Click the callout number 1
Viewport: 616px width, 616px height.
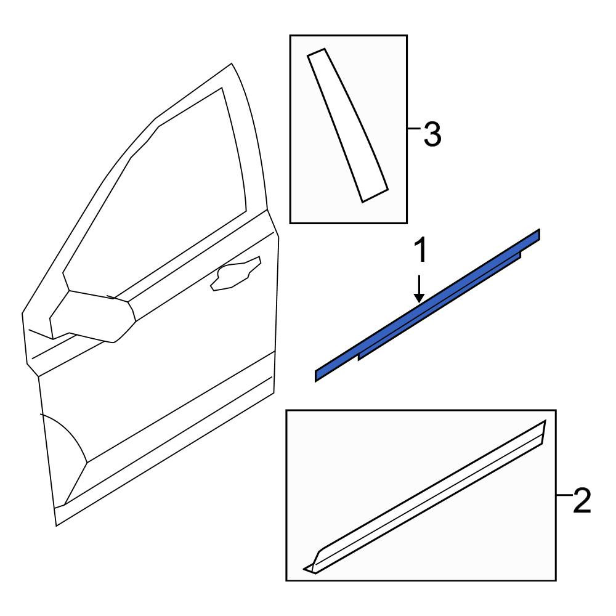420,252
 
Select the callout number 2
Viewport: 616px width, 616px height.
582,500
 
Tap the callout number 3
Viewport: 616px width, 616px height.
432,134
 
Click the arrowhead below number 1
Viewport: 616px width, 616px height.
419,298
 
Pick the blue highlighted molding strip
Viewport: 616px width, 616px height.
428,306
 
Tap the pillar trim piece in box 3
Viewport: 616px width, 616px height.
347,125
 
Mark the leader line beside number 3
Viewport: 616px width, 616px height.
414,128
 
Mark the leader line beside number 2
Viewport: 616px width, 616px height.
564,495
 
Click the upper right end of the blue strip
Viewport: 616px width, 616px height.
540,234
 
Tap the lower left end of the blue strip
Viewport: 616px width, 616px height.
315,376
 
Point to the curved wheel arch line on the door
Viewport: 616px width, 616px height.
67,434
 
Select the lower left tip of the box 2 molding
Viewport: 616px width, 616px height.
304,568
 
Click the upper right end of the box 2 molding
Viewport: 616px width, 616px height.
545,421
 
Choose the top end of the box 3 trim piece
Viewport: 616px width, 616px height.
316,52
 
